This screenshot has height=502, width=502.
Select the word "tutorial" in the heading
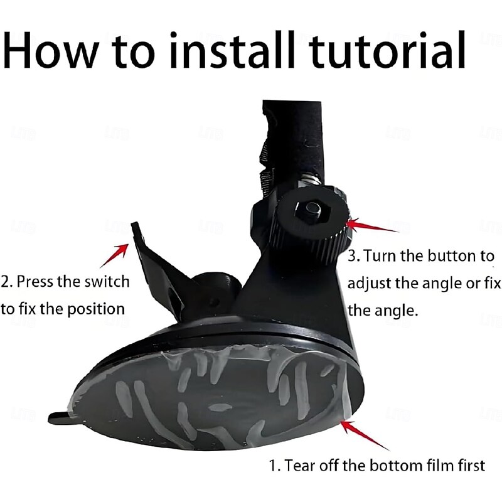click(387, 50)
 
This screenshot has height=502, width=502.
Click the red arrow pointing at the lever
click(114, 255)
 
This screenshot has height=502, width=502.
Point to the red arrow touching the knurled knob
click(372, 225)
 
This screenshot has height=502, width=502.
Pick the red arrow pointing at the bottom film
click(365, 435)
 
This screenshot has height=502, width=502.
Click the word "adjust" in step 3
click(369, 284)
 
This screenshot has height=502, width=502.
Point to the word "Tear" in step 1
click(299, 465)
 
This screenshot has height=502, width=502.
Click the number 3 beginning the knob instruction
click(352, 256)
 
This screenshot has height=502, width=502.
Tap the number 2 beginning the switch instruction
click(5, 282)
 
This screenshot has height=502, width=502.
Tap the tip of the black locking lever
click(135, 224)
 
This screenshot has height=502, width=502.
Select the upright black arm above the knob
click(292, 144)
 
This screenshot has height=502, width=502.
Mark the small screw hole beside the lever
click(215, 302)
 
